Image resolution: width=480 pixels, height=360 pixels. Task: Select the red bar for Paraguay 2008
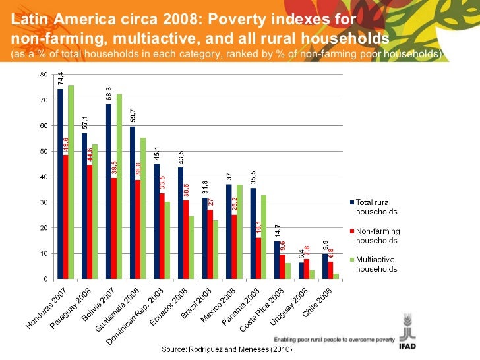(90, 222)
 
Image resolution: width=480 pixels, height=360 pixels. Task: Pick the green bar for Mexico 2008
(240, 231)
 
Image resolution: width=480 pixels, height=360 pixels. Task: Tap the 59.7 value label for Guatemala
(133, 117)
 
